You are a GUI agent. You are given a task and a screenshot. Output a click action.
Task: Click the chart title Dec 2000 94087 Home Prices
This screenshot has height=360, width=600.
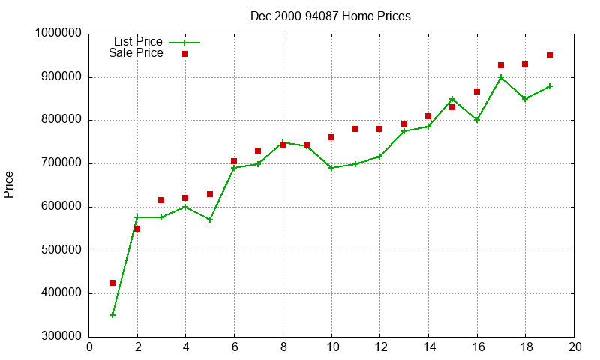click(331, 16)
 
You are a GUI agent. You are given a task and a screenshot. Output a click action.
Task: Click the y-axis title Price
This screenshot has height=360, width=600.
click(9, 184)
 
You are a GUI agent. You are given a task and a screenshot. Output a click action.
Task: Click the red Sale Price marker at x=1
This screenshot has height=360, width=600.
click(112, 283)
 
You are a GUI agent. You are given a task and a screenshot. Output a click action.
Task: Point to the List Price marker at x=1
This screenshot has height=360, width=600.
click(112, 315)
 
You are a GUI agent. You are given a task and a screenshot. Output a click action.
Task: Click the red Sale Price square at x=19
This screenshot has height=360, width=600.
click(550, 55)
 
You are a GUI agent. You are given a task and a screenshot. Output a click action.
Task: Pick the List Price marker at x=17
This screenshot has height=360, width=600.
click(501, 77)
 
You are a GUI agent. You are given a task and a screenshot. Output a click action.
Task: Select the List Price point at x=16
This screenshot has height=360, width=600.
click(477, 120)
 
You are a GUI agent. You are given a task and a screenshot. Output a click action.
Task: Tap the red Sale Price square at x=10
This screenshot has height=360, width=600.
click(331, 137)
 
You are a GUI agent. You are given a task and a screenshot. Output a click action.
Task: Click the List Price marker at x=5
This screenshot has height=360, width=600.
click(210, 220)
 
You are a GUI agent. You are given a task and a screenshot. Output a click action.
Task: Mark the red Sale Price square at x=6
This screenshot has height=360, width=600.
click(234, 161)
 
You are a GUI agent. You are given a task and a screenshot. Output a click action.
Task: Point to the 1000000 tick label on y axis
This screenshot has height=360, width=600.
click(58, 34)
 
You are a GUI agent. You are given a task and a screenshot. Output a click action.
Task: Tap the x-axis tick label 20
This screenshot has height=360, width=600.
click(574, 346)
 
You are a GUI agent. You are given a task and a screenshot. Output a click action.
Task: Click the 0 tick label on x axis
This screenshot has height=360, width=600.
click(89, 346)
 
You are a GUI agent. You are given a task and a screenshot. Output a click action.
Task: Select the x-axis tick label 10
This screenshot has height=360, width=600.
click(331, 346)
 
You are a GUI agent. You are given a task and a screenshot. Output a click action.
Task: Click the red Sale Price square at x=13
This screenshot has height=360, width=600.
click(404, 124)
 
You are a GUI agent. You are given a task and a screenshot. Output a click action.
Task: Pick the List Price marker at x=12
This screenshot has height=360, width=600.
click(379, 157)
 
